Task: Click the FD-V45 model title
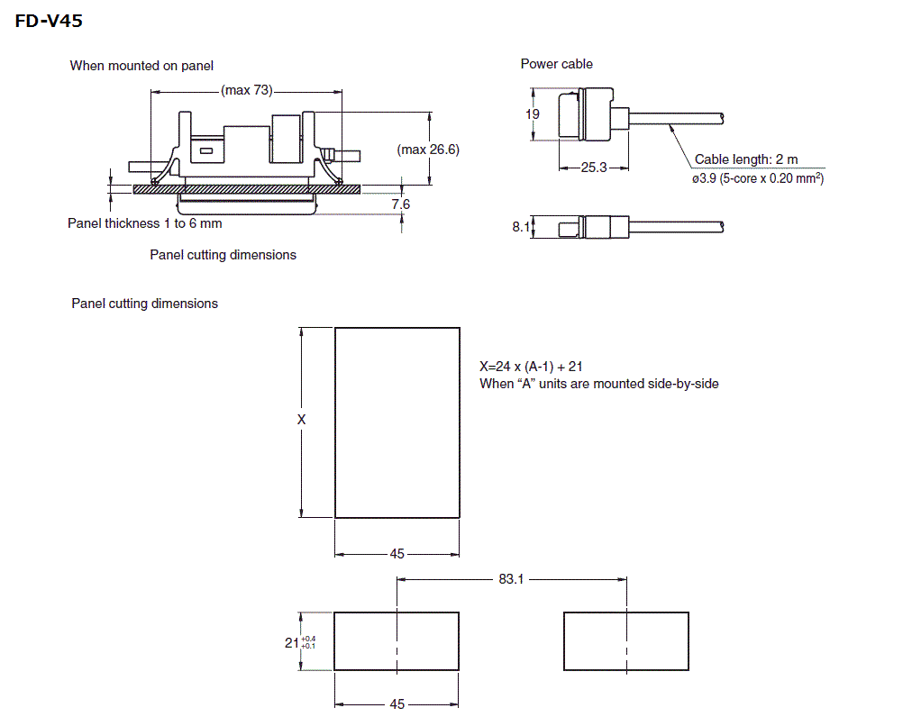(49, 20)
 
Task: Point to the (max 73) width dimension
(246, 91)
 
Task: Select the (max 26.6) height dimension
(428, 150)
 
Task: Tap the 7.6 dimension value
(401, 204)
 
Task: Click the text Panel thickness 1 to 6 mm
(144, 222)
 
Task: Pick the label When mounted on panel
(141, 66)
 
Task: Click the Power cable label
(556, 64)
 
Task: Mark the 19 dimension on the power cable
(532, 114)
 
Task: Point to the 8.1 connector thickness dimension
(521, 227)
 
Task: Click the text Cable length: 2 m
(746, 159)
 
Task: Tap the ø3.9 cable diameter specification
(758, 178)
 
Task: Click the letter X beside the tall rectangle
(302, 420)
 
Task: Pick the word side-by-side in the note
(683, 384)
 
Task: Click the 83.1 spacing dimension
(510, 579)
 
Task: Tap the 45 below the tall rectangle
(397, 554)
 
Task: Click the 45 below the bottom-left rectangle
(397, 704)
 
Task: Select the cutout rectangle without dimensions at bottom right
(625, 641)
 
